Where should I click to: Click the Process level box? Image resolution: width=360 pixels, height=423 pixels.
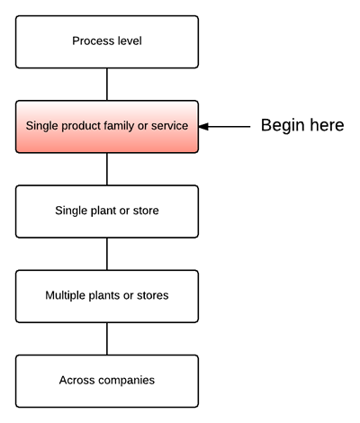click(x=107, y=41)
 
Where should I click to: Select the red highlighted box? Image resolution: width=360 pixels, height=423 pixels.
click(x=107, y=127)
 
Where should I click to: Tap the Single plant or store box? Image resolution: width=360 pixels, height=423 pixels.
click(x=107, y=211)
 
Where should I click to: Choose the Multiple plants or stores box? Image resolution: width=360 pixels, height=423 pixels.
click(x=107, y=296)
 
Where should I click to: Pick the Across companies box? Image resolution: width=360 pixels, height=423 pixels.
click(x=107, y=381)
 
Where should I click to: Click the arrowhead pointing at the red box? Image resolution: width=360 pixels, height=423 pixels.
click(x=203, y=127)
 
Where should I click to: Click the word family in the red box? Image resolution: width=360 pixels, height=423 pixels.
click(x=120, y=126)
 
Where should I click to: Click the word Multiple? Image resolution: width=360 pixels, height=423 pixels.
click(x=65, y=295)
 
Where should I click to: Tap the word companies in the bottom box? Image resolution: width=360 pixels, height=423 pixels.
click(x=126, y=381)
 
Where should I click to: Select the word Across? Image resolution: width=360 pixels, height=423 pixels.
click(x=76, y=380)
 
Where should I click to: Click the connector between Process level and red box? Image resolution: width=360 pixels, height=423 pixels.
click(x=107, y=85)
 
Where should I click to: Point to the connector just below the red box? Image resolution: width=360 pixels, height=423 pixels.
click(x=107, y=169)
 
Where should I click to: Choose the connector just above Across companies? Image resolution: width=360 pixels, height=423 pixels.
click(x=107, y=339)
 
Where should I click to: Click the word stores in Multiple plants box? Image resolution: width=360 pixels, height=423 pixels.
click(x=152, y=295)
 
